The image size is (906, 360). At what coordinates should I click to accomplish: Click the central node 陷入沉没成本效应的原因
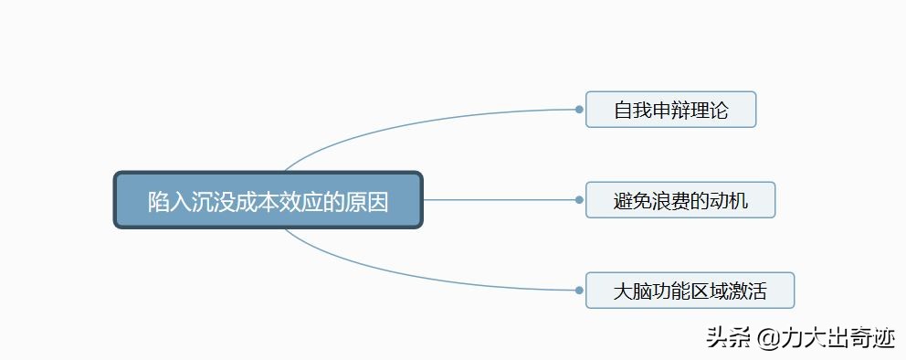268,200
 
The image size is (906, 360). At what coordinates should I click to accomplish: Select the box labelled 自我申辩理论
670,110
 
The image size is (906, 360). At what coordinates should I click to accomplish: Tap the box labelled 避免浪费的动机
680,200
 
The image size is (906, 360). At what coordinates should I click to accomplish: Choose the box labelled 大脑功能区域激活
690,291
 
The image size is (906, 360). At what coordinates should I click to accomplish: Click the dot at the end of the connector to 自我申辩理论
579,109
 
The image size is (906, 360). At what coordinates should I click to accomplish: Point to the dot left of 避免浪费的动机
579,199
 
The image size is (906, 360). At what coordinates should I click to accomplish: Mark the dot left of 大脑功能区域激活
579,291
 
